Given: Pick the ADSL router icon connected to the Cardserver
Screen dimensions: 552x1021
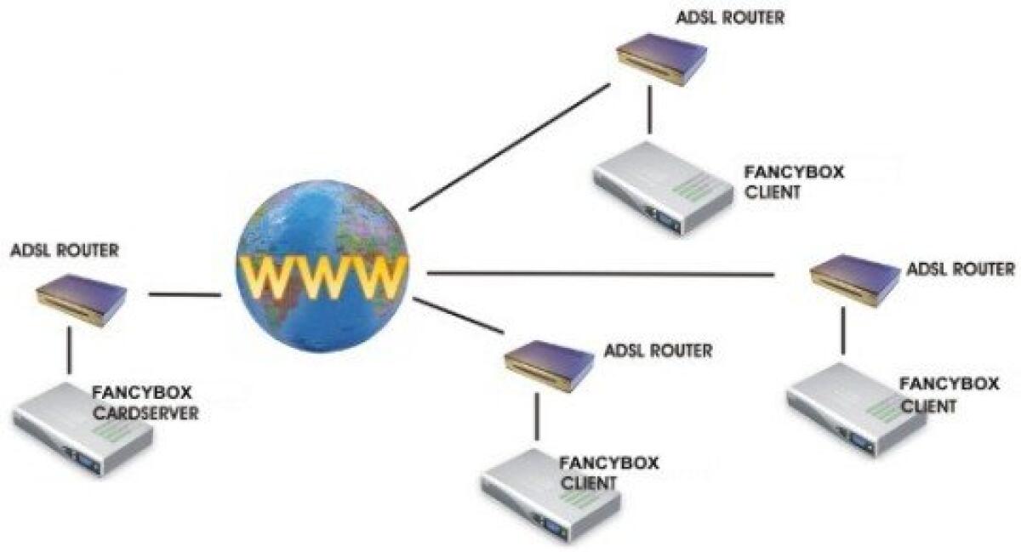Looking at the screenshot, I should click(x=82, y=298).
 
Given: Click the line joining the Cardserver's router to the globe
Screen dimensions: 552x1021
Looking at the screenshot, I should click(x=184, y=295).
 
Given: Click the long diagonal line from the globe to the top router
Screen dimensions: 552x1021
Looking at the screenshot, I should click(x=510, y=146).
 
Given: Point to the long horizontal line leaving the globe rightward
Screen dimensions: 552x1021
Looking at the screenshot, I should click(x=600, y=274).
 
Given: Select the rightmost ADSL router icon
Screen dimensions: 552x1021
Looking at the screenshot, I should click(x=854, y=277).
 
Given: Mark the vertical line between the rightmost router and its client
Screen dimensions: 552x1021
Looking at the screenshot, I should click(x=844, y=331).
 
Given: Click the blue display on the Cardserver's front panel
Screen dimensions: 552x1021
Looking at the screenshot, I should click(x=87, y=460).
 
